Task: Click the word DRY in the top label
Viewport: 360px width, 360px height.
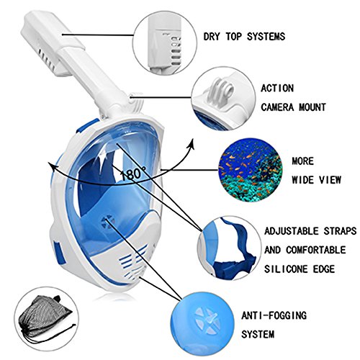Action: point(212,37)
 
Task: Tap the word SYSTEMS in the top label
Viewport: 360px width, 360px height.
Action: point(266,37)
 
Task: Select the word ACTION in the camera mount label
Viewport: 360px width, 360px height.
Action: point(277,89)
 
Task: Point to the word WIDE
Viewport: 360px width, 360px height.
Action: point(302,180)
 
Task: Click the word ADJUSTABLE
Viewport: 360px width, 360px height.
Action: point(292,231)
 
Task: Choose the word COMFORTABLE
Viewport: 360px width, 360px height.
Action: point(316,250)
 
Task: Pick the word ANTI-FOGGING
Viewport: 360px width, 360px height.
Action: point(274,315)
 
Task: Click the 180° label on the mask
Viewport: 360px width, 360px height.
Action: point(132,174)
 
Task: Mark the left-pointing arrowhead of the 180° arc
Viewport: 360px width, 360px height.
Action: point(51,166)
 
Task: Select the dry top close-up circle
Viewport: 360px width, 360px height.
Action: point(165,42)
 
